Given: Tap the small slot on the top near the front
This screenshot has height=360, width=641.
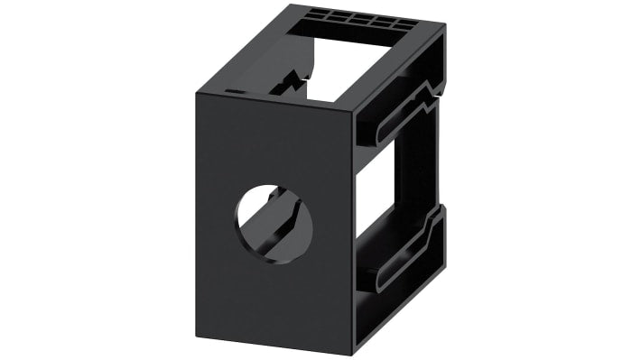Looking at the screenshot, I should pyautogui.click(x=234, y=91).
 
